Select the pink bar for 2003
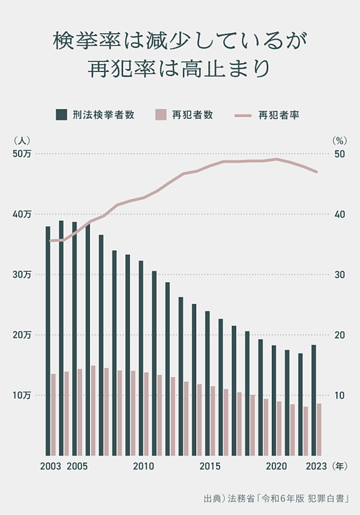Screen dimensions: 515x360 [x=53, y=414]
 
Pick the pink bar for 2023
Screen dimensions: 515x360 [x=319, y=429]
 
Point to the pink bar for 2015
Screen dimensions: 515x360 [x=212, y=420]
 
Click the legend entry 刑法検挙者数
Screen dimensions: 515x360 [x=95, y=115]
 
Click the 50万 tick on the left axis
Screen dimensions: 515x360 [x=24, y=154]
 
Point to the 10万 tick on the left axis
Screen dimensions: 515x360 [x=24, y=396]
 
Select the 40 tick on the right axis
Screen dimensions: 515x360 [x=339, y=214]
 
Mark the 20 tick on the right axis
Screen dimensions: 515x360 [x=339, y=335]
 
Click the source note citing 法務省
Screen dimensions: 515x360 [x=276, y=498]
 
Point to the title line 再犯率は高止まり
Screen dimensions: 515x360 [x=180, y=67]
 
